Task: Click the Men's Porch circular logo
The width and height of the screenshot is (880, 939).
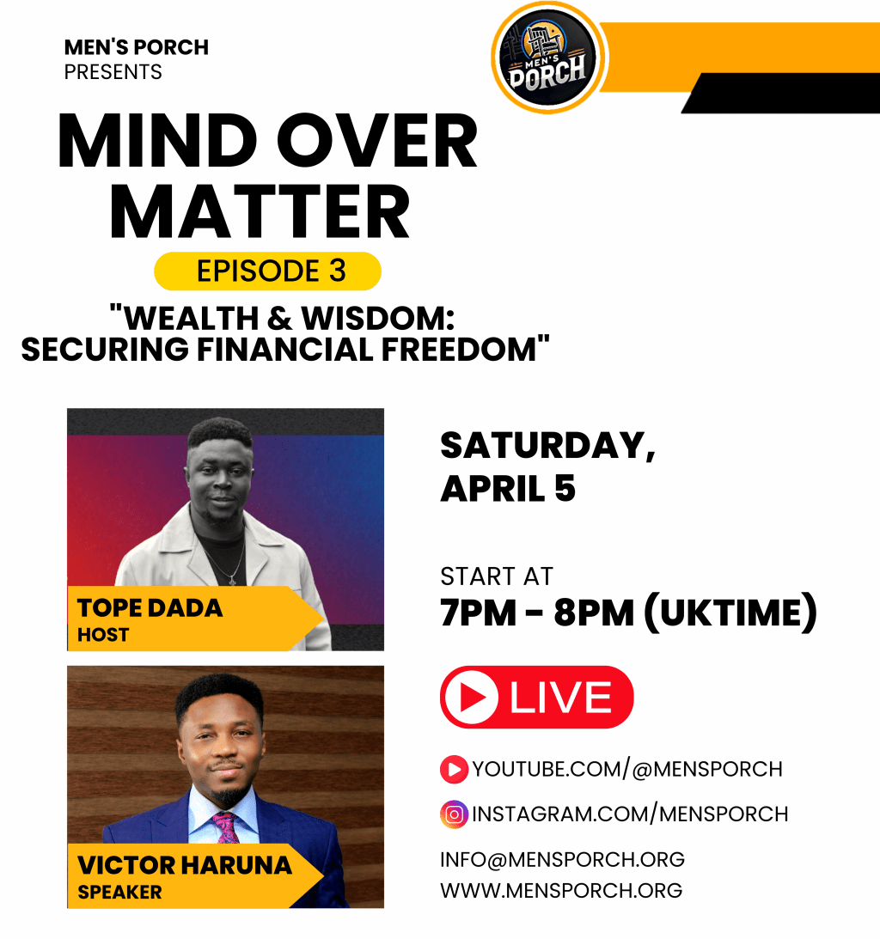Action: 548,58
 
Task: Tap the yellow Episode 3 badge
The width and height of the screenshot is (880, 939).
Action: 267,271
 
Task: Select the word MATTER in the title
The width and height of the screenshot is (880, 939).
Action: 260,214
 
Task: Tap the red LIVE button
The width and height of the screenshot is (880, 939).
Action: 536,697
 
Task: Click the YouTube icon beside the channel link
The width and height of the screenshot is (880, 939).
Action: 454,769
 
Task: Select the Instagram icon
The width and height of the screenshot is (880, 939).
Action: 454,814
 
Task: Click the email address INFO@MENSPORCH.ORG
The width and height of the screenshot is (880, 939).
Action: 562,859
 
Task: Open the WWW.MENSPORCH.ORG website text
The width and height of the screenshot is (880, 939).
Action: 561,890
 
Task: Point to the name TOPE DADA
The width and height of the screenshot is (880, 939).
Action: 150,608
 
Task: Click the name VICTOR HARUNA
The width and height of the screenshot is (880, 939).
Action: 185,865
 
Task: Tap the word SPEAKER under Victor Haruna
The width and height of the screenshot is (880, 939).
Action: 119,893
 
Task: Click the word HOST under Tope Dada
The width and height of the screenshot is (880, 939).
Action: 103,636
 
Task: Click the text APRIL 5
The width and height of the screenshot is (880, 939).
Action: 508,489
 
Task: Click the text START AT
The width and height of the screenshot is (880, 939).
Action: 497,576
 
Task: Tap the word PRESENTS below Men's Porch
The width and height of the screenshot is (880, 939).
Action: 113,72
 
